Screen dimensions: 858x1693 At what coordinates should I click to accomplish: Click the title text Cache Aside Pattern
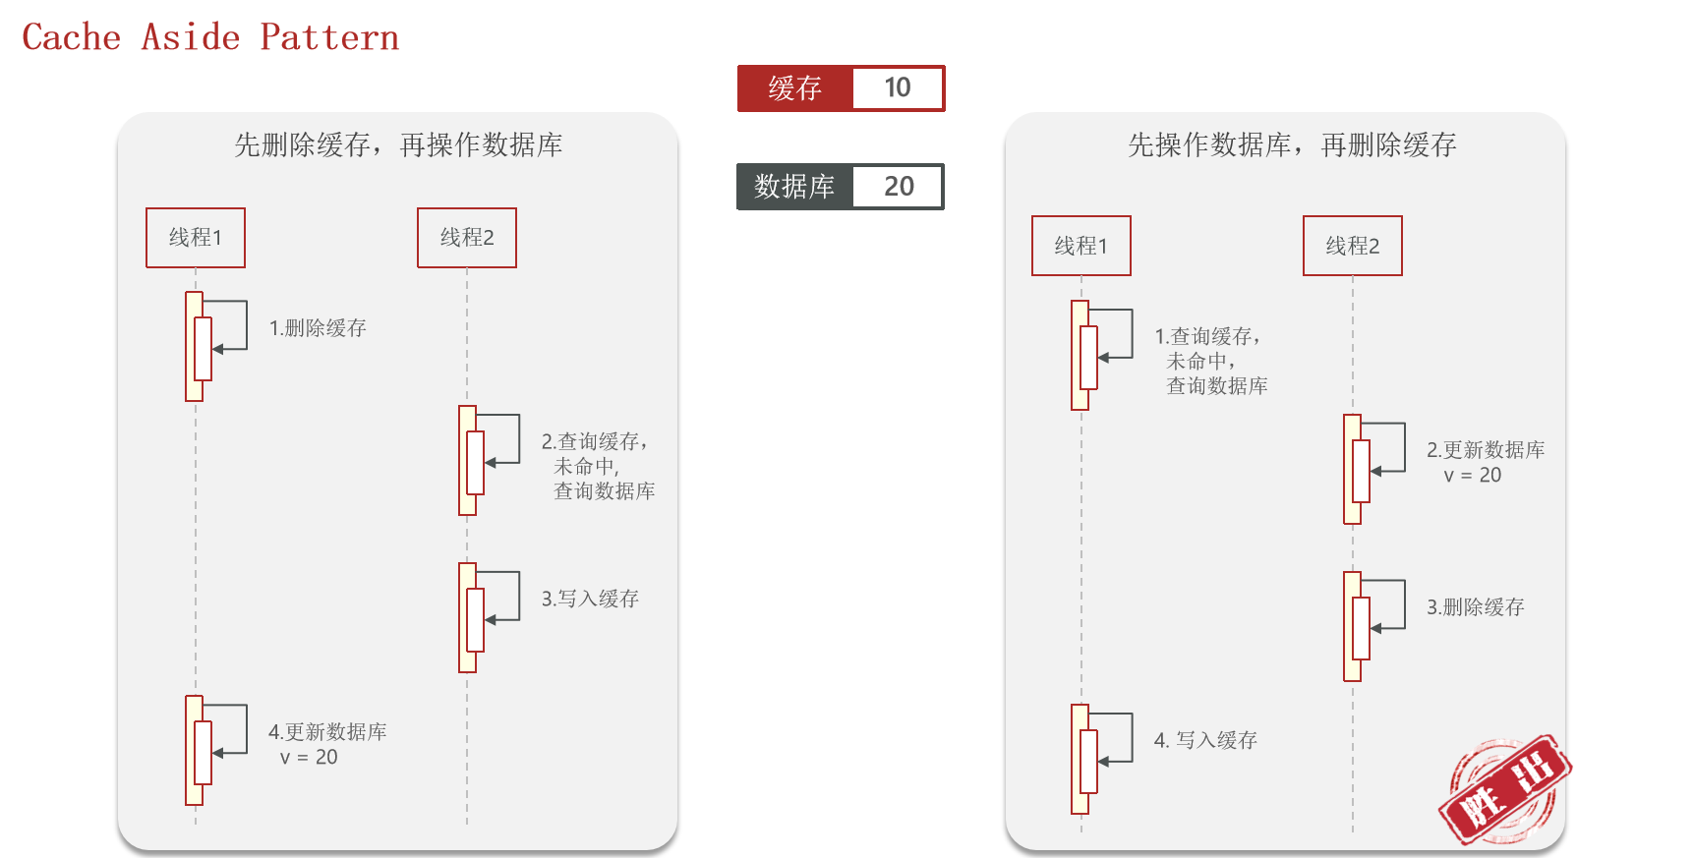(210, 37)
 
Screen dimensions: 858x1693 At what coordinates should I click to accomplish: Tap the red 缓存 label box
(794, 88)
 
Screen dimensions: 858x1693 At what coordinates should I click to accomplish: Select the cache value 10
(898, 88)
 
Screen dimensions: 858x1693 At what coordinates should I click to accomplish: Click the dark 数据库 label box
(794, 187)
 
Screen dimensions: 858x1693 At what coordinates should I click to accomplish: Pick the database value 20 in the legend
(898, 187)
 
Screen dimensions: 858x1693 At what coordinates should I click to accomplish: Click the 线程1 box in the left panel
(196, 238)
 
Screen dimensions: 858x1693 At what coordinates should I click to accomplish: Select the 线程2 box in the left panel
(467, 238)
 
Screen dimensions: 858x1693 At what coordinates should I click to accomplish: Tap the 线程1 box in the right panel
(1081, 246)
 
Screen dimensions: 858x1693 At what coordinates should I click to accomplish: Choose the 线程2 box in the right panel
(1353, 246)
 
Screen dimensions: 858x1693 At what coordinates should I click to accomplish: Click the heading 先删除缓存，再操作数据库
(398, 145)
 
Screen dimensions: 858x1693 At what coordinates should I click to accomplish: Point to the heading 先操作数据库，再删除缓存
(1292, 145)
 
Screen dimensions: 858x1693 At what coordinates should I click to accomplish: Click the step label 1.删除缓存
(318, 328)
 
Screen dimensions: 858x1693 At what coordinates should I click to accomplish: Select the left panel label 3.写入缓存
(590, 599)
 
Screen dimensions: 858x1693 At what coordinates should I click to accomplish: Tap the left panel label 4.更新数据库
(327, 732)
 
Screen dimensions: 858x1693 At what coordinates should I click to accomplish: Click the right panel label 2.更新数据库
(1486, 450)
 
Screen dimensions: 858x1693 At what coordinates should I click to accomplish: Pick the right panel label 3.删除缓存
(1475, 607)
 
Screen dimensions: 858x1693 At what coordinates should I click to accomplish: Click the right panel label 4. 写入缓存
(1205, 740)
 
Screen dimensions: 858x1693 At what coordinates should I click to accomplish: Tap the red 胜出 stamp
(1504, 790)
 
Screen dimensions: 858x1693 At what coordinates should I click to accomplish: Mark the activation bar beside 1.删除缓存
(195, 347)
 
